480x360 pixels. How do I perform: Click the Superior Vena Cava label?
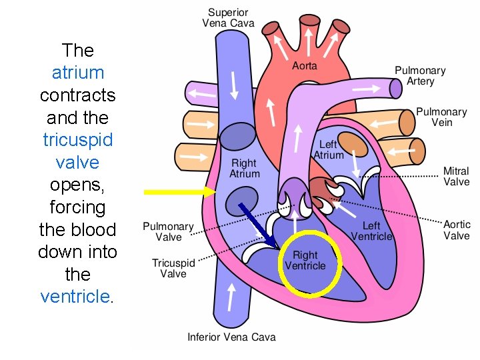pyautogui.click(x=229, y=18)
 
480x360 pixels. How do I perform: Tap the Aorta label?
pyautogui.click(x=305, y=65)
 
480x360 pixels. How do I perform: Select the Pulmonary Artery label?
pyautogui.click(x=420, y=75)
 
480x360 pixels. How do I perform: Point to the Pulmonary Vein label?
pyautogui.click(x=441, y=117)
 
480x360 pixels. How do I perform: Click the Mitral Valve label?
pyautogui.click(x=457, y=176)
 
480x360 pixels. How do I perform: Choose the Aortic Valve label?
pyautogui.click(x=457, y=230)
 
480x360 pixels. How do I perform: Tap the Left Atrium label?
pyautogui.click(x=328, y=149)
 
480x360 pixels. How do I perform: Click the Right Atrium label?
pyautogui.click(x=244, y=168)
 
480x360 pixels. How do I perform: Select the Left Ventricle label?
pyautogui.click(x=371, y=231)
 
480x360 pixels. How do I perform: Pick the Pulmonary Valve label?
pyautogui.click(x=168, y=232)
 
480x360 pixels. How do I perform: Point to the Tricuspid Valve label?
pyautogui.click(x=173, y=268)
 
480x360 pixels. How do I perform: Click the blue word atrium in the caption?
pyautogui.click(x=78, y=72)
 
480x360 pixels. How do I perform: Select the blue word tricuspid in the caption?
pyautogui.click(x=78, y=140)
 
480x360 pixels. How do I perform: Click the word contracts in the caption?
pyautogui.click(x=78, y=95)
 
